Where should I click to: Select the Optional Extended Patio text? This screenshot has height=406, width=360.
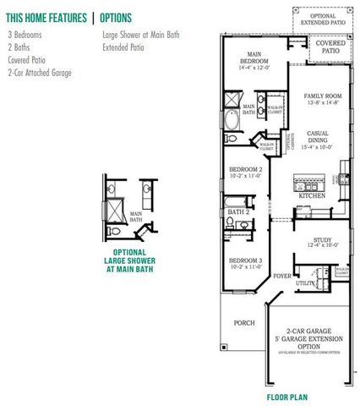pyautogui.click(x=322, y=19)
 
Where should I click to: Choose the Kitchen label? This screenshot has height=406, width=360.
pyautogui.click(x=310, y=195)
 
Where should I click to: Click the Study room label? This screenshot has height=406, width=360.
pyautogui.click(x=320, y=242)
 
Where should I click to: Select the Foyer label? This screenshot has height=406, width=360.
pyautogui.click(x=281, y=274)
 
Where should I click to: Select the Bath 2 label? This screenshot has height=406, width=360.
pyautogui.click(x=238, y=211)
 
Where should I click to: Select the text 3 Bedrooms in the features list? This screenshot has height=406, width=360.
pyautogui.click(x=27, y=36)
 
